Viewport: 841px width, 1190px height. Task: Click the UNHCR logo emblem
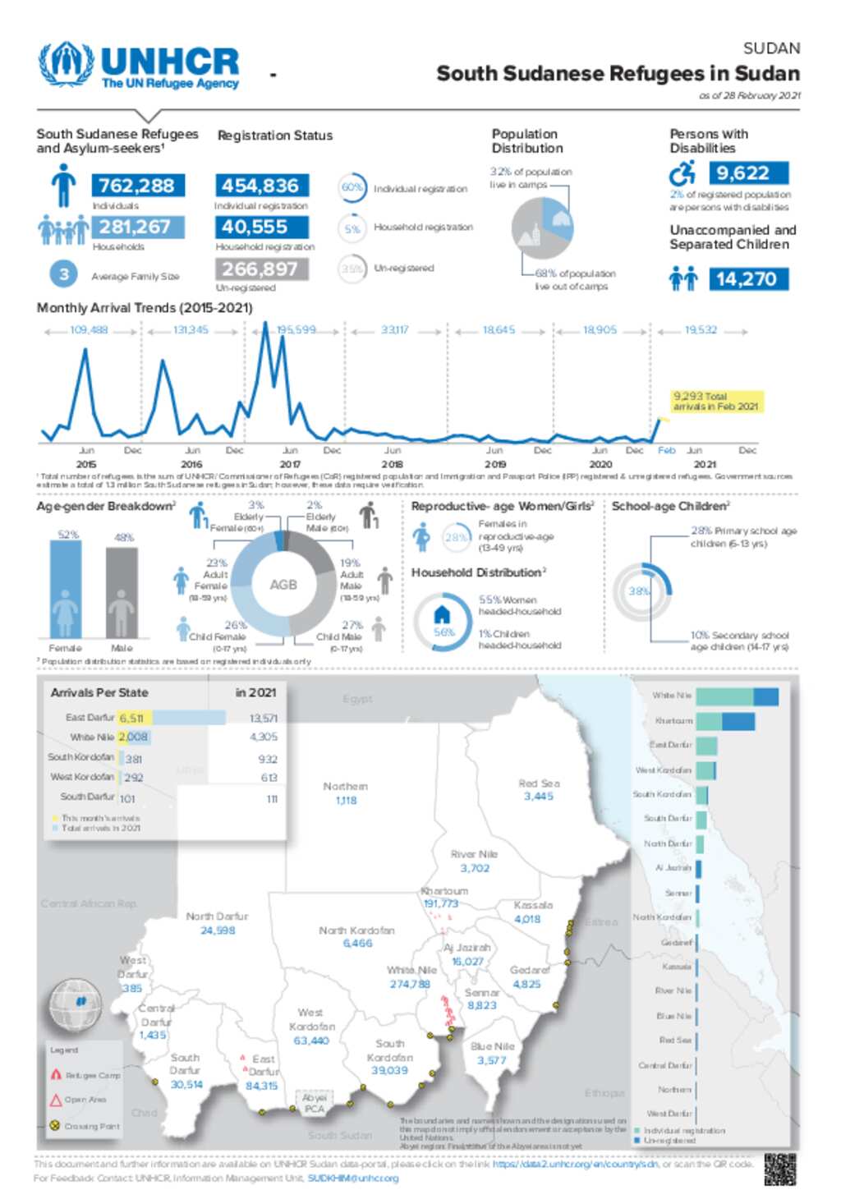pos(67,64)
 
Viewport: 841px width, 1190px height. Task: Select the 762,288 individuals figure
pos(136,186)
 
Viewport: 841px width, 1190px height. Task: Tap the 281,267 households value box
pos(136,227)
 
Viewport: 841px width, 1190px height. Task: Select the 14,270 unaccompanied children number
pos(747,279)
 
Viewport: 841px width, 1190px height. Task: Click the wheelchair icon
pos(682,173)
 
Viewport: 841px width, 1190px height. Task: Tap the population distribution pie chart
pos(542,228)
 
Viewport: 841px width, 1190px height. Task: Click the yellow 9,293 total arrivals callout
pos(717,401)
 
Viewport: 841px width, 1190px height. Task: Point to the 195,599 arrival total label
pos(296,330)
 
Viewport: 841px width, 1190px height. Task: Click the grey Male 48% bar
pos(122,592)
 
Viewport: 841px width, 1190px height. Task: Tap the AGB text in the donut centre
pos(283,585)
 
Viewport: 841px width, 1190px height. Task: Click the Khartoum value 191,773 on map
pos(441,903)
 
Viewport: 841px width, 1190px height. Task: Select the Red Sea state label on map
pos(539,783)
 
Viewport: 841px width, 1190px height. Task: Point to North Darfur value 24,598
pos(218,930)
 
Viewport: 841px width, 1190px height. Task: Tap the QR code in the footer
pos(779,1169)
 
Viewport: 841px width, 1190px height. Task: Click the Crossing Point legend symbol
pos(55,1126)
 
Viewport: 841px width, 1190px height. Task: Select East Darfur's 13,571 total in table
pos(263,718)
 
